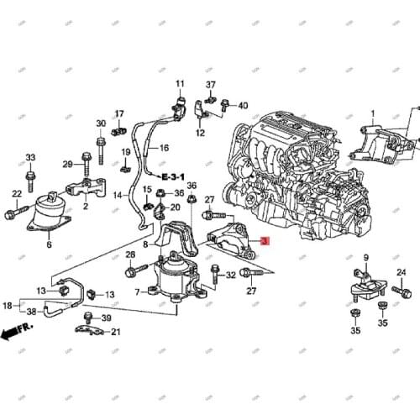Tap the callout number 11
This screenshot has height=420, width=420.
coord(180,84)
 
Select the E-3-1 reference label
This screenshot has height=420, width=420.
coord(158,177)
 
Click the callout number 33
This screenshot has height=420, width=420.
coord(30,158)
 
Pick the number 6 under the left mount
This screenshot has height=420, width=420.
coord(49,244)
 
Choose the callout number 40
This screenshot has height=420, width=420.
coord(244,105)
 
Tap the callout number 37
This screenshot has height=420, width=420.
coord(211,85)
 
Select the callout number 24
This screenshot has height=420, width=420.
coord(401,271)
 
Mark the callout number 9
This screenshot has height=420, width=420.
coord(366,257)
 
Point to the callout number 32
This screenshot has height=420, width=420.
coord(231,275)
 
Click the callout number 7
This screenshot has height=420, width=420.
coord(138,291)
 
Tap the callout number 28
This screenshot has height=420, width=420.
coord(130,255)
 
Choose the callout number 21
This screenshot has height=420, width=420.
coord(116,332)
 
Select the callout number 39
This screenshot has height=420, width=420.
coord(106,318)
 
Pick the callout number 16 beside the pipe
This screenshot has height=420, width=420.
coord(165,148)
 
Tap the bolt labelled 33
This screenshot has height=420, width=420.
coord(30,178)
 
